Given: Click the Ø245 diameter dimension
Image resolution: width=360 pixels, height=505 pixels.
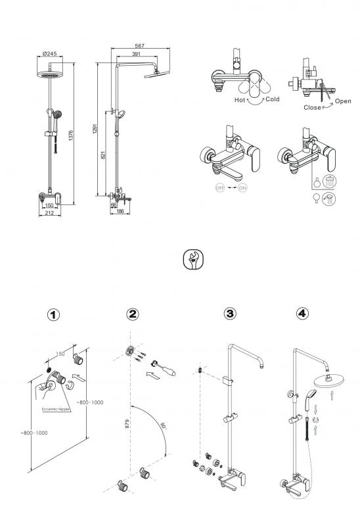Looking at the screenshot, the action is [49, 53].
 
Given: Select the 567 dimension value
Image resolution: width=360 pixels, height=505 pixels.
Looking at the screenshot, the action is [140, 46].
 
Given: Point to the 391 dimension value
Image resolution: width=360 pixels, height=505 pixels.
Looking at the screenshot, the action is [136, 54].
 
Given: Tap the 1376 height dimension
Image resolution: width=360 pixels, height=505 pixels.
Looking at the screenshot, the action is [71, 135].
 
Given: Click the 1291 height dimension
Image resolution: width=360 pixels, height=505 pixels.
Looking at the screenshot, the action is [95, 129].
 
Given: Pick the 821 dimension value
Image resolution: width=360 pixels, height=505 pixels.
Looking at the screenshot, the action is [103, 155].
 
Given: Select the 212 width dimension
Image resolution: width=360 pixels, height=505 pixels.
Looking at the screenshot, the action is [49, 212].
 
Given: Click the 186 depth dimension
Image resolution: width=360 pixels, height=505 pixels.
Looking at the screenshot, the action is [120, 211].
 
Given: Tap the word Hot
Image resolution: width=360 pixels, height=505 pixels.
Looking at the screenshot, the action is [240, 100].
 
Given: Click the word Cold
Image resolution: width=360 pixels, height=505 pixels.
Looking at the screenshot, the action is [272, 99].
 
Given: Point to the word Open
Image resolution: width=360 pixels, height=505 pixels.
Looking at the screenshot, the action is [343, 101].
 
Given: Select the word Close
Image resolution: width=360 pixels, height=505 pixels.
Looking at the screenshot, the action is [313, 108].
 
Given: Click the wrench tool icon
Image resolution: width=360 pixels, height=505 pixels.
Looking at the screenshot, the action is [193, 259].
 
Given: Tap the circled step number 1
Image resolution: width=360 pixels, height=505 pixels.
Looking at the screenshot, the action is [53, 315].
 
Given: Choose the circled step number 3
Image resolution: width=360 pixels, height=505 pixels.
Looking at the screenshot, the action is [230, 314].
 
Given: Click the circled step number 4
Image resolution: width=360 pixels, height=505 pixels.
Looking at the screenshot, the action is [302, 313].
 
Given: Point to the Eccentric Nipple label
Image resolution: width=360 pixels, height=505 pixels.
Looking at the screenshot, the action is [56, 410].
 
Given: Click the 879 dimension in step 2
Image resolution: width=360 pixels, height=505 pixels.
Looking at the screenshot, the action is [127, 423].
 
